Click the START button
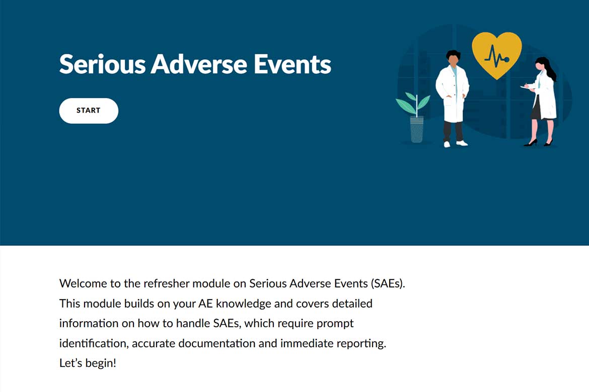coord(89,111)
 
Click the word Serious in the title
coord(103,64)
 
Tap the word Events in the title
coord(292,64)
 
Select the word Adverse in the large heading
coord(199,64)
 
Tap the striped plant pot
coord(417,130)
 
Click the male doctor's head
coord(454,58)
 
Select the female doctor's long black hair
coord(548,68)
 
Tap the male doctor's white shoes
coord(455,144)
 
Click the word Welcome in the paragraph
coord(83,283)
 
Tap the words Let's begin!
coord(88,363)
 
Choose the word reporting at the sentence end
coord(361,344)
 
